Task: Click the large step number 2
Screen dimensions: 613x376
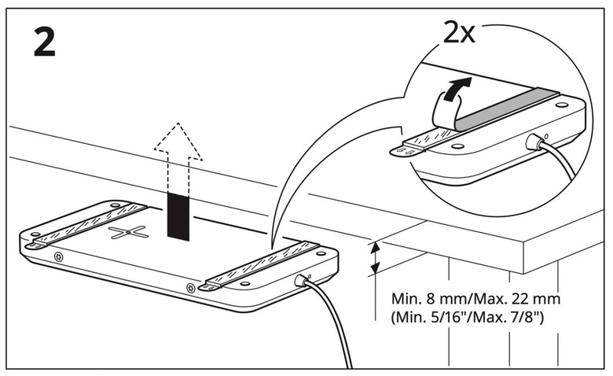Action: tap(44, 42)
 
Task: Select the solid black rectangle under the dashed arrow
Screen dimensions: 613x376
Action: tap(178, 216)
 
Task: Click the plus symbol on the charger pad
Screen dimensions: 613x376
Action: tap(129, 232)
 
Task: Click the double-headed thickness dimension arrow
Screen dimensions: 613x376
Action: tap(375, 257)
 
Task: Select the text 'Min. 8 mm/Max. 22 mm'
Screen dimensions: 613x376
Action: tap(475, 299)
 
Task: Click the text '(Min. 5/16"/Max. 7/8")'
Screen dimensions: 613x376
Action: tap(467, 316)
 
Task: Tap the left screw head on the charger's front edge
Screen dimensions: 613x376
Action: tap(59, 256)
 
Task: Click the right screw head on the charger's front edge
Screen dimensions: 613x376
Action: tap(191, 288)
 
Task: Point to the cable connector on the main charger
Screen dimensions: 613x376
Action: tap(301, 280)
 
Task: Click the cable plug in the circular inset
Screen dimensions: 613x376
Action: tap(533, 142)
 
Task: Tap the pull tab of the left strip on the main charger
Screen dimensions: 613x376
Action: tap(35, 245)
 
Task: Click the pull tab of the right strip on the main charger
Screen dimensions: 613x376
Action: tap(210, 287)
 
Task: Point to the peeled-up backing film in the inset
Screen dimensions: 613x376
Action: tap(446, 110)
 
